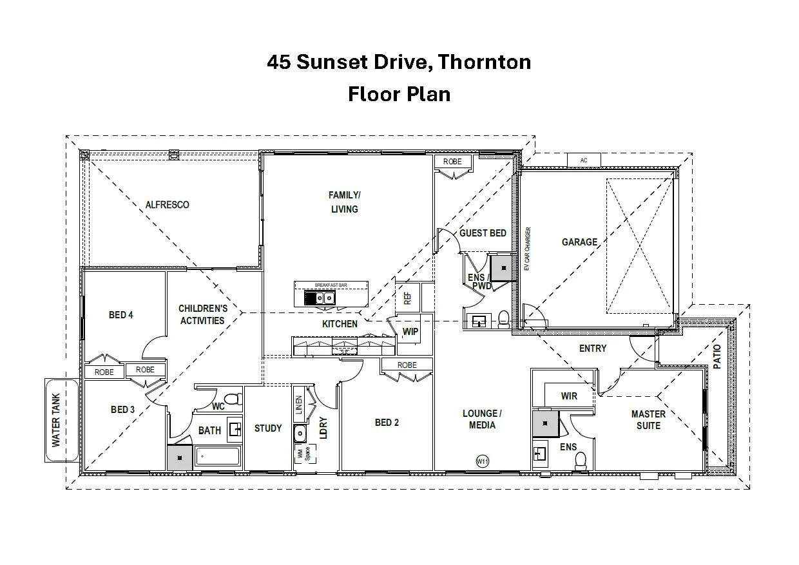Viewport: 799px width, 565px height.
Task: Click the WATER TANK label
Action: tap(56, 420)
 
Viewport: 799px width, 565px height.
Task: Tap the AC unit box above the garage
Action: tap(584, 160)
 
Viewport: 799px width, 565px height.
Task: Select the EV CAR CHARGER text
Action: tap(526, 249)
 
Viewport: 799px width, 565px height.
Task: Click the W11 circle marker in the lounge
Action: tap(481, 461)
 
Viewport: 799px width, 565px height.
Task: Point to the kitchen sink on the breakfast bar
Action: tap(320, 298)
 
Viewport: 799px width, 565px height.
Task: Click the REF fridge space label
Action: tap(407, 298)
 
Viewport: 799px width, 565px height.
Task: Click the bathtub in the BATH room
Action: tap(217, 457)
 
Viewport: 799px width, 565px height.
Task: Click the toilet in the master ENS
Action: tap(581, 459)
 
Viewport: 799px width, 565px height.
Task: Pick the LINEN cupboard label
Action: tap(299, 404)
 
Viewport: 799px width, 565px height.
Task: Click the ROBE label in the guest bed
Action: tap(452, 162)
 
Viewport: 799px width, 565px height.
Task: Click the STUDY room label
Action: tap(268, 428)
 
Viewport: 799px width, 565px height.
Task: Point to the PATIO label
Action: tap(717, 357)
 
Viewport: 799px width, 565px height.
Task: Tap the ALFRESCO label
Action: tap(167, 205)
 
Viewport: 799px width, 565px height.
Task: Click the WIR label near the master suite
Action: tap(569, 396)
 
